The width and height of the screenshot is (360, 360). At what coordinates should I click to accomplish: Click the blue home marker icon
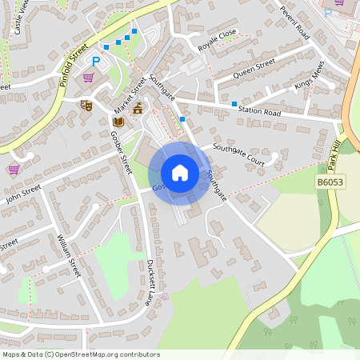click(x=179, y=172)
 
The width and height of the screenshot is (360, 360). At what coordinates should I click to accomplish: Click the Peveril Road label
click(x=294, y=21)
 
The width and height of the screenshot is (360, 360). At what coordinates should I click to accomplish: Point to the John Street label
click(x=22, y=194)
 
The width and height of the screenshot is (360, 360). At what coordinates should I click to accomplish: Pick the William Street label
click(x=68, y=255)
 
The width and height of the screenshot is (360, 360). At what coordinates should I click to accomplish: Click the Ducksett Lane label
click(x=149, y=282)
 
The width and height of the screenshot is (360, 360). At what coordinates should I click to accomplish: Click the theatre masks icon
click(x=86, y=104)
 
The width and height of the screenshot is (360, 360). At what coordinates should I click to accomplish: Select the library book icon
click(x=118, y=122)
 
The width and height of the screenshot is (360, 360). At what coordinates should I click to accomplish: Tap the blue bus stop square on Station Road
click(x=234, y=104)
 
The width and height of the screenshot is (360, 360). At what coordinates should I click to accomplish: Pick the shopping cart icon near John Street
click(x=14, y=169)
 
